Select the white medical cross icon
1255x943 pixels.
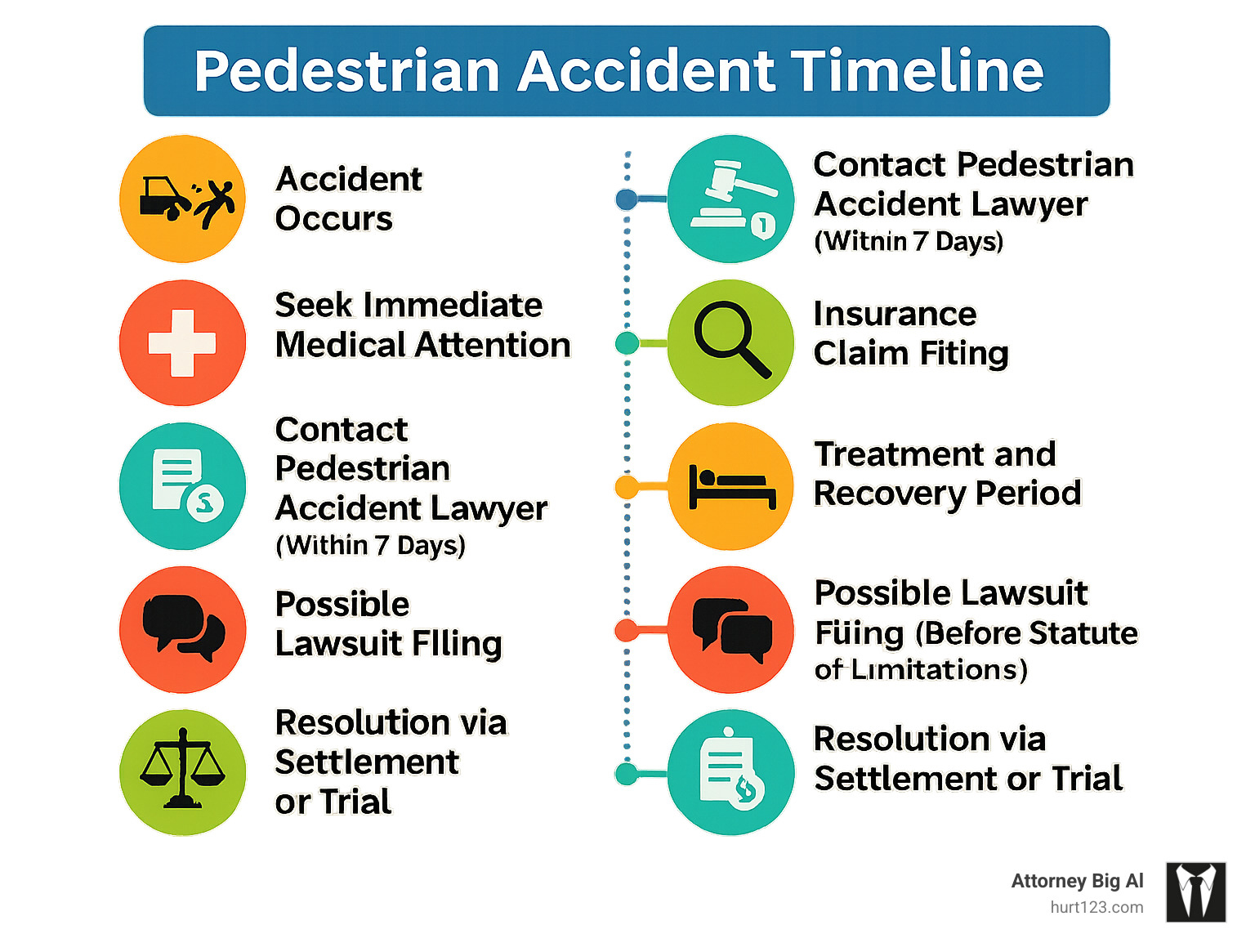click(x=182, y=343)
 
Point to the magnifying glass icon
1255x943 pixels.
click(x=730, y=340)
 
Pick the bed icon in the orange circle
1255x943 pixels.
click(x=731, y=487)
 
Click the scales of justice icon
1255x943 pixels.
click(x=182, y=770)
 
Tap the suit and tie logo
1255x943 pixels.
click(x=1195, y=892)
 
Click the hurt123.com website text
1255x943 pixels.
click(x=1096, y=907)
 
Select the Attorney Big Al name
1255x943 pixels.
click(x=1077, y=881)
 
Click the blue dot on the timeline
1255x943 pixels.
click(x=627, y=199)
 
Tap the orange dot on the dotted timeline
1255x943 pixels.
click(x=627, y=488)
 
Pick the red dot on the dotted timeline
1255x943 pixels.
click(x=627, y=630)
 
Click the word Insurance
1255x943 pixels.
click(x=895, y=314)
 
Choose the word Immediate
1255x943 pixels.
click(x=453, y=305)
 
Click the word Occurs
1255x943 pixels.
click(x=333, y=219)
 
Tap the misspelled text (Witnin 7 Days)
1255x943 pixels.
click(x=909, y=242)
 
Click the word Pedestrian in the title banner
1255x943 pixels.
click(x=346, y=71)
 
